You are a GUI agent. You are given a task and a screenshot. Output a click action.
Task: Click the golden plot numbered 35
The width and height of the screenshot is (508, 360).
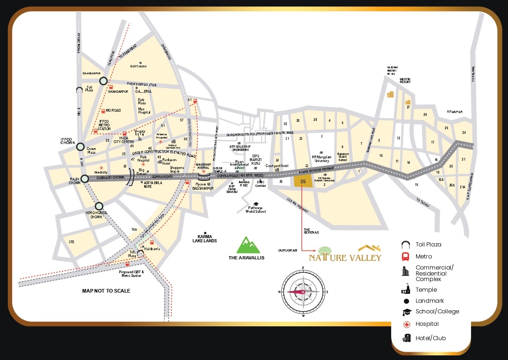303,181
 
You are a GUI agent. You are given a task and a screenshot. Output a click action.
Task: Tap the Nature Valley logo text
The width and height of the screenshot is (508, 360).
345,257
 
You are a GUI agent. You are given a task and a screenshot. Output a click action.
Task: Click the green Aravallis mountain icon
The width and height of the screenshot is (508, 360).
246,245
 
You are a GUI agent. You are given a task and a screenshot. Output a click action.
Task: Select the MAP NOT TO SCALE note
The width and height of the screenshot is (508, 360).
106,291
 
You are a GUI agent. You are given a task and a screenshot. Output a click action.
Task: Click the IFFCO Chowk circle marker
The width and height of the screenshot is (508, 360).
80,147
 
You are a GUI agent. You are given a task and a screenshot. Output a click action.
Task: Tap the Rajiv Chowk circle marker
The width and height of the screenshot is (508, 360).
85,179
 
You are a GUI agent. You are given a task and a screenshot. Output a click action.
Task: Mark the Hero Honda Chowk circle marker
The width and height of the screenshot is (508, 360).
99,206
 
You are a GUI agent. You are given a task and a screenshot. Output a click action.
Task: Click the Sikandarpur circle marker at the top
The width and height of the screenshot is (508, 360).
103,81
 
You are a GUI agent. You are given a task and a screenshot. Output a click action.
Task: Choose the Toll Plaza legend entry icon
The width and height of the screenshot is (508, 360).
406,245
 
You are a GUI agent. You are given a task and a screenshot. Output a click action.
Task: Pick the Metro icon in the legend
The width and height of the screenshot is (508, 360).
406,257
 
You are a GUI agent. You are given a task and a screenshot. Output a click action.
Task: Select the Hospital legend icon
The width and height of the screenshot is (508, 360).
406,324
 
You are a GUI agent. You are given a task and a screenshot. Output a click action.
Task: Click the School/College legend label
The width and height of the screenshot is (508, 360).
437,312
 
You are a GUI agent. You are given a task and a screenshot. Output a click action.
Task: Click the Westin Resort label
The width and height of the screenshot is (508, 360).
405,80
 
